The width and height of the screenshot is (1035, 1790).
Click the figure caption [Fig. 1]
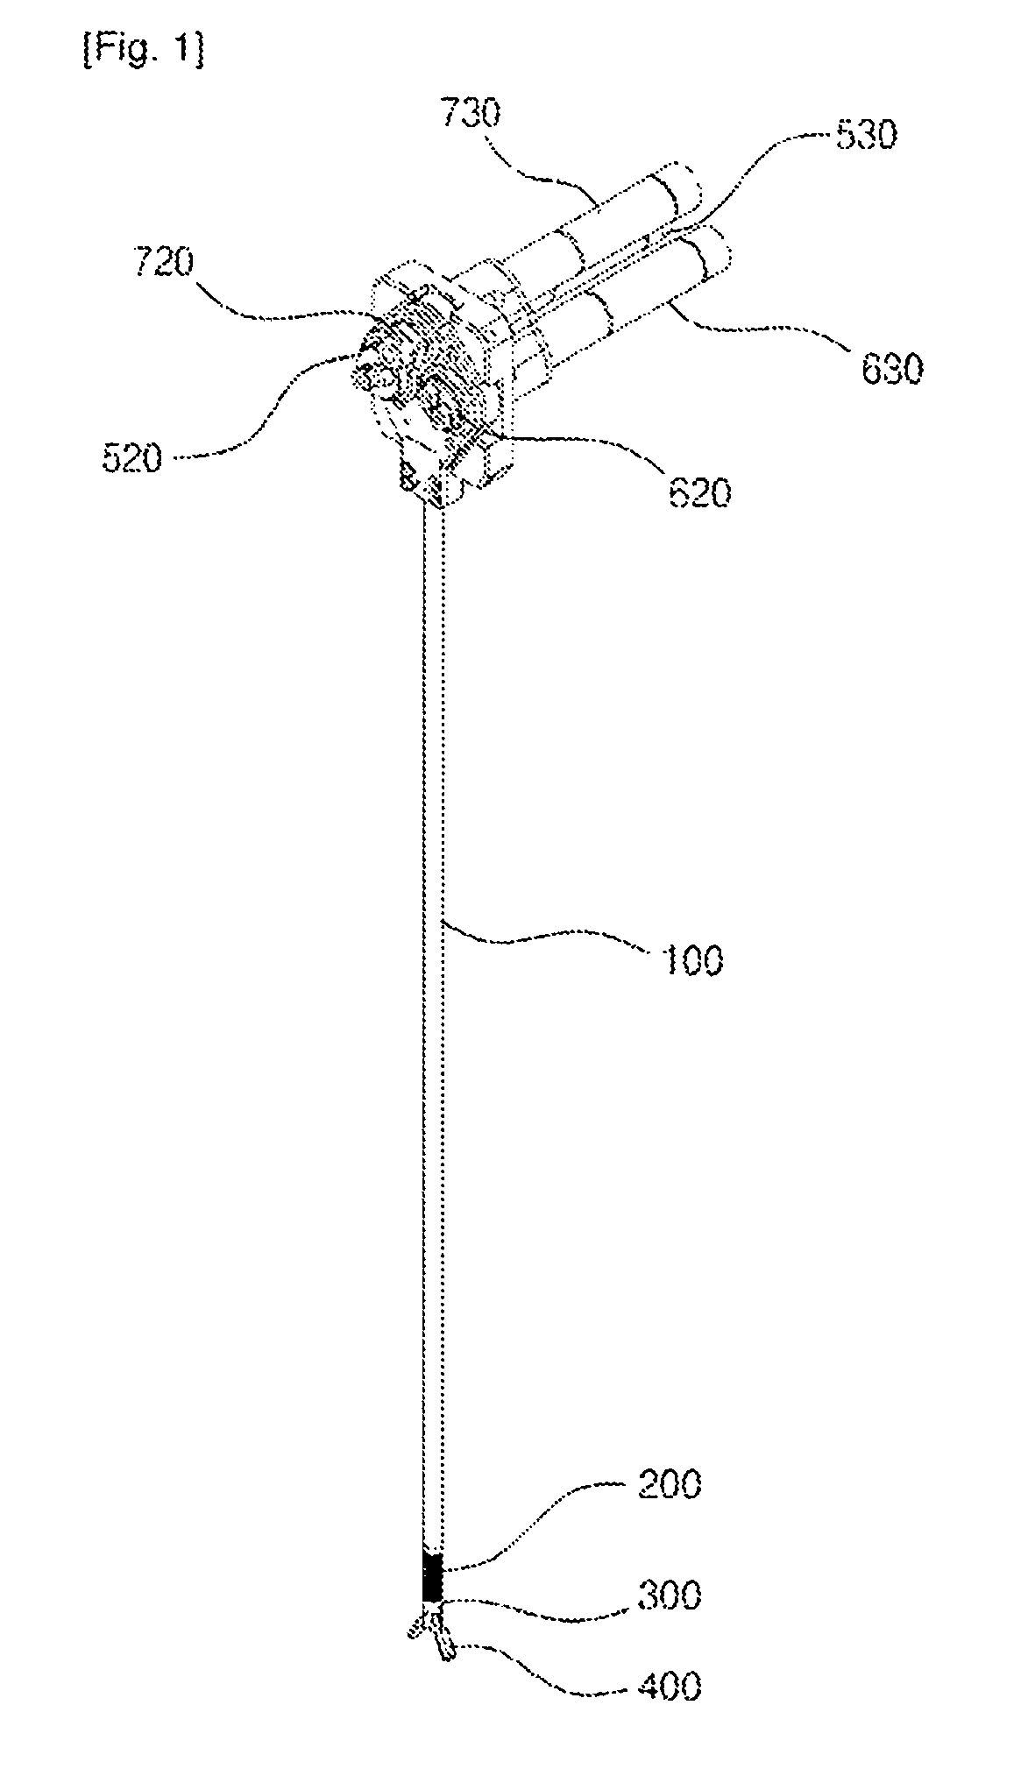click(143, 52)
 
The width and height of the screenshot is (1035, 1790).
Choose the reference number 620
click(698, 494)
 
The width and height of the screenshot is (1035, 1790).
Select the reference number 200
click(668, 1486)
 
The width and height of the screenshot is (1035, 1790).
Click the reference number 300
click(669, 1596)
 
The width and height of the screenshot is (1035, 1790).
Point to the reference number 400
click(669, 1687)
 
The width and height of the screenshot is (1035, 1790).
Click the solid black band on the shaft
click(433, 1578)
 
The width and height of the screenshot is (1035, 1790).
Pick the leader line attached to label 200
click(535, 1525)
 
